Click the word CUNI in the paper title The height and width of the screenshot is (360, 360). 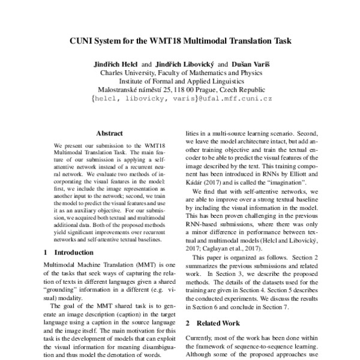(x=79, y=42)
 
